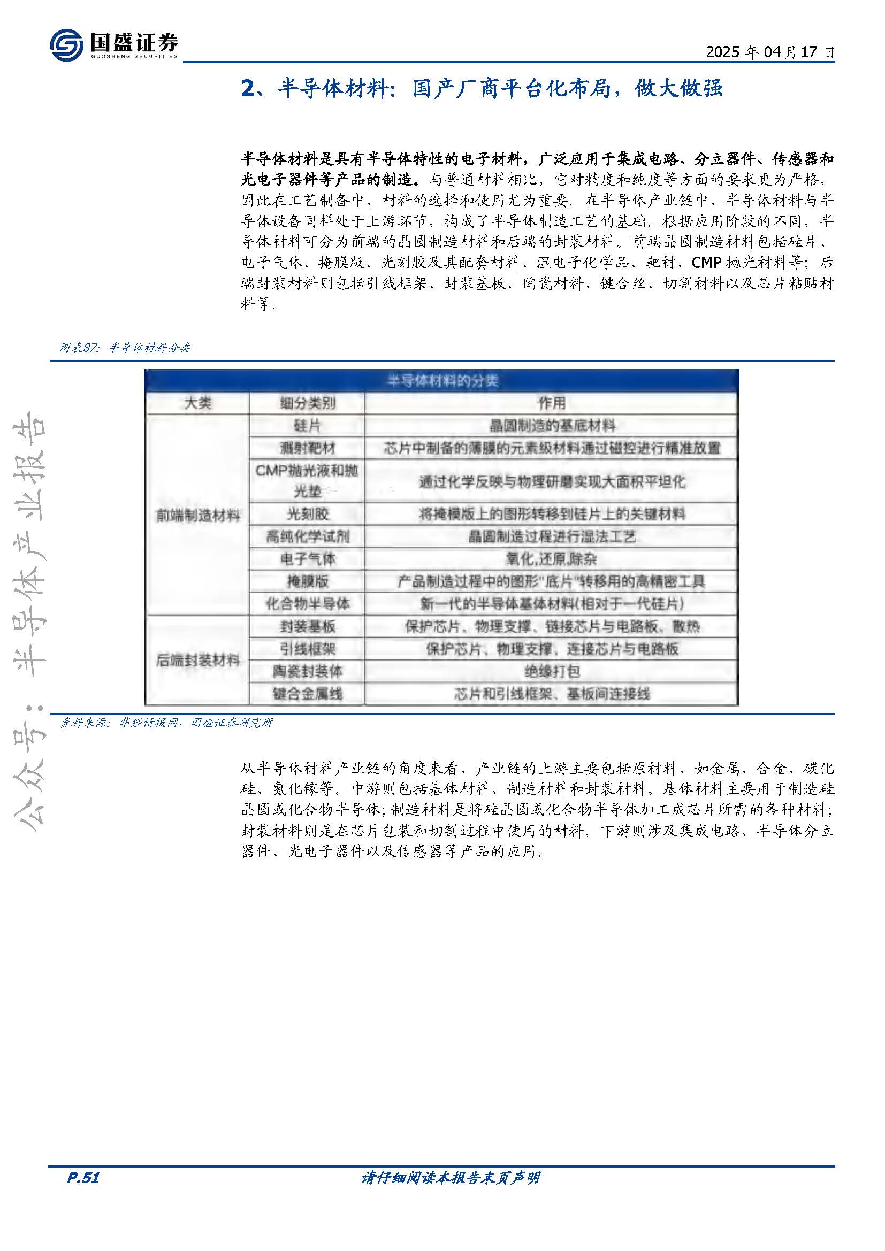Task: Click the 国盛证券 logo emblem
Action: (x=66, y=45)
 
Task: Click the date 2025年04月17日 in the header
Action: (x=769, y=52)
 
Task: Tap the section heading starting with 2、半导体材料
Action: (x=482, y=88)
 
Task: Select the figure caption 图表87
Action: (x=125, y=348)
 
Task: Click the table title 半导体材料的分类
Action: (x=442, y=380)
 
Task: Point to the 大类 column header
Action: (x=197, y=403)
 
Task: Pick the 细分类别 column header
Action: (x=307, y=403)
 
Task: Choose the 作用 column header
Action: (x=552, y=403)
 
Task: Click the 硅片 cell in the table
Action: (x=307, y=426)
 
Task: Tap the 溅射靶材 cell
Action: (x=307, y=448)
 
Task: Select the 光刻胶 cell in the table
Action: (x=307, y=514)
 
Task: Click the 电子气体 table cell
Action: (x=307, y=559)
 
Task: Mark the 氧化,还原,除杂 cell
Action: (x=552, y=559)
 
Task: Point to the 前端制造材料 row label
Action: (x=197, y=516)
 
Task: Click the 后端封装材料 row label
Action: (x=197, y=661)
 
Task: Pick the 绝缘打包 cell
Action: (x=552, y=671)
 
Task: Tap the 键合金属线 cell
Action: (x=307, y=694)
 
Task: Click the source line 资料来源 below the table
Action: (x=166, y=723)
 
